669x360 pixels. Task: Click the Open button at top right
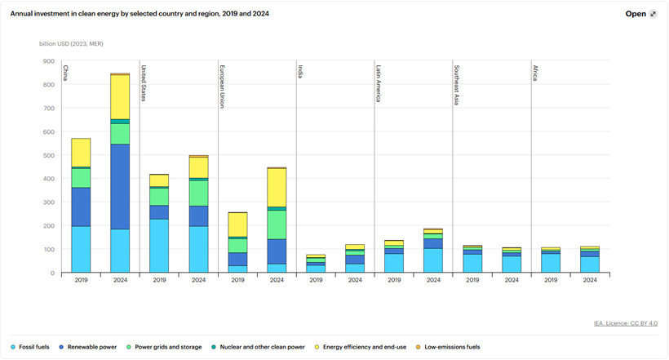[x=640, y=14]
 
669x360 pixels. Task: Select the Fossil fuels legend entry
[x=38, y=346]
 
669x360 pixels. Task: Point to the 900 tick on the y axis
[x=47, y=60]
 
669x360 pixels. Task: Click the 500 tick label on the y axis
[x=47, y=155]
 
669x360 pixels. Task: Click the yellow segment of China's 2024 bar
[x=120, y=96]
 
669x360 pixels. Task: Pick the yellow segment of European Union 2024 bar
[x=277, y=187]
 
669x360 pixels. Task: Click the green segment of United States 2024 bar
[x=198, y=193]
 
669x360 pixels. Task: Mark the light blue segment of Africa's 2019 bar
[x=551, y=263]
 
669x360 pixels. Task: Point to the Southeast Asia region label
[x=457, y=82]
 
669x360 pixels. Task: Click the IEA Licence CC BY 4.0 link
[x=625, y=324]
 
